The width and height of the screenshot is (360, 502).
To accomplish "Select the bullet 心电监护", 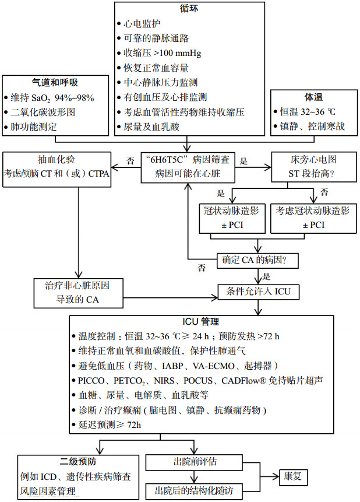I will [x=143, y=24].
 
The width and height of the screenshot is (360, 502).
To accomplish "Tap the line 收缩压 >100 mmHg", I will [x=163, y=53].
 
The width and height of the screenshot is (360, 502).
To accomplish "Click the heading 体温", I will [x=315, y=97].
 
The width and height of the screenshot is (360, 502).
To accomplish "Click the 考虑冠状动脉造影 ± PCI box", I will [x=315, y=217].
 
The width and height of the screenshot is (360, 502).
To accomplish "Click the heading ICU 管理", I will [x=201, y=321].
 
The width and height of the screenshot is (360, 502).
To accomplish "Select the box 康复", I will [x=293, y=476].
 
